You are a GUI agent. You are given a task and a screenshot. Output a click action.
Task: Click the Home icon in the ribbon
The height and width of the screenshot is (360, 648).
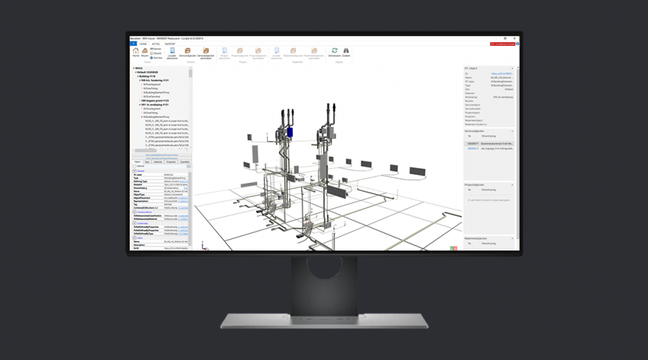click(x=135, y=51)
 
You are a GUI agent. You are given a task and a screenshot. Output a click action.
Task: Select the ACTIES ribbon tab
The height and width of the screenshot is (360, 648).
click(x=156, y=43)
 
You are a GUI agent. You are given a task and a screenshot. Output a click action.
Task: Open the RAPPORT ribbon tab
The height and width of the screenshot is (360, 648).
click(x=170, y=43)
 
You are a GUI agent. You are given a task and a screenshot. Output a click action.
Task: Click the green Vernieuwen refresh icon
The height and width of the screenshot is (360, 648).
click(x=334, y=51)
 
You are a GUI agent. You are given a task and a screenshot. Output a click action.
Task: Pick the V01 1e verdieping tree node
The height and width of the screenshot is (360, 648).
click(x=156, y=104)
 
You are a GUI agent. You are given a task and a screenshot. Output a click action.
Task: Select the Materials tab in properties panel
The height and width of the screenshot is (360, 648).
click(x=158, y=163)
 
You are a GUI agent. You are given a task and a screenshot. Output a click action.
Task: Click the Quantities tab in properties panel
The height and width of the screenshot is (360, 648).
click(x=184, y=163)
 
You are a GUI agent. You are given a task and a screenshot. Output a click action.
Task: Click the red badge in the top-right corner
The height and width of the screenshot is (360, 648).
click(x=503, y=44)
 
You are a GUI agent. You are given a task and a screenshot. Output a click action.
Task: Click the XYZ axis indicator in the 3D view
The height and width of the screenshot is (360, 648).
click(x=454, y=248)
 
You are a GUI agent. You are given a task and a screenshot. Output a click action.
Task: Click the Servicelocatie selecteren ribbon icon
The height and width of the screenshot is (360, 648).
click(x=171, y=52)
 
